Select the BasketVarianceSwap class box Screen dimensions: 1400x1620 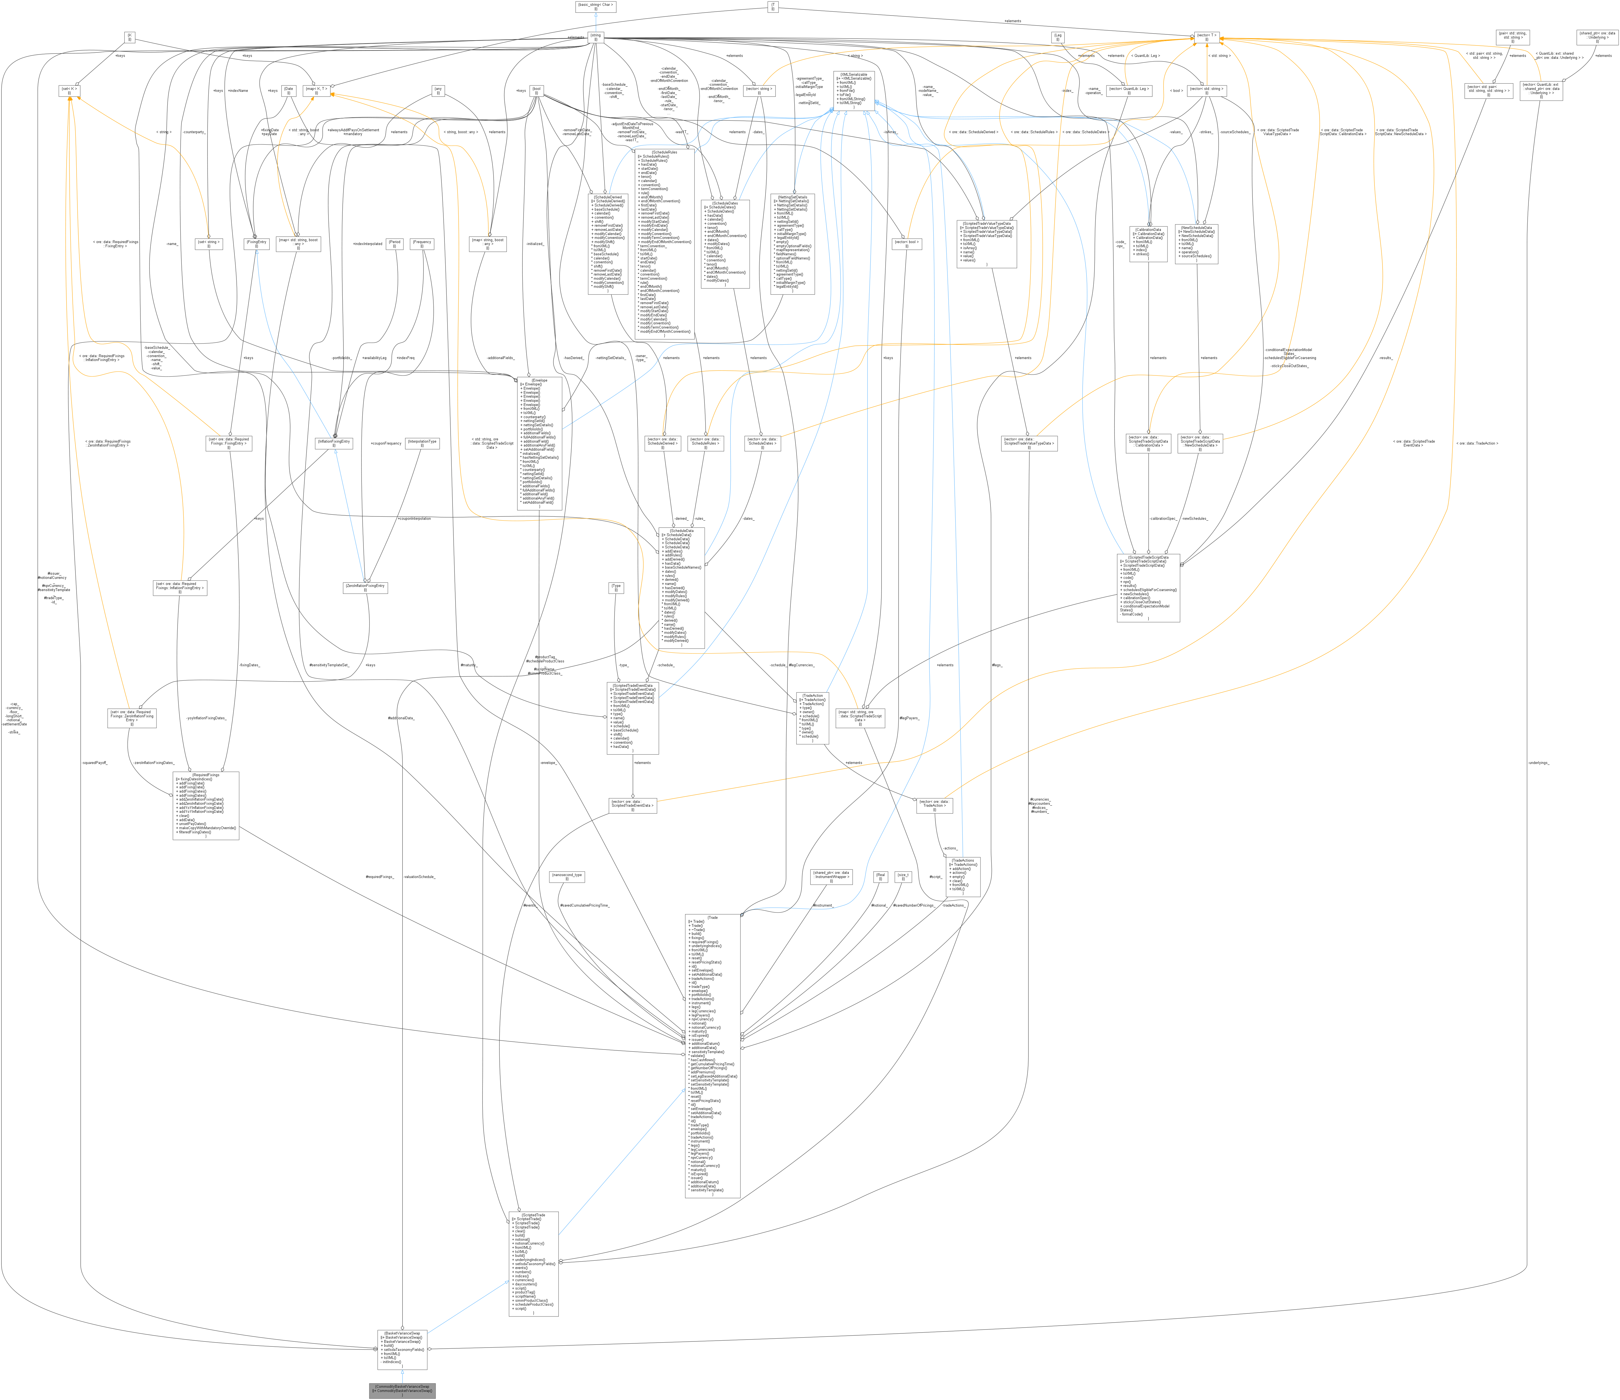pos(403,1349)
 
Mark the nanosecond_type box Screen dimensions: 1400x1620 pos(567,877)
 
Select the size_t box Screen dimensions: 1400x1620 pos(903,877)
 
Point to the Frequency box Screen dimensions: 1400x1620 pos(422,244)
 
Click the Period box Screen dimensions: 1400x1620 pos(395,244)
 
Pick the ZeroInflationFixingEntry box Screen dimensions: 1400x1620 pos(365,587)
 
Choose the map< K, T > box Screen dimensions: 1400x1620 pos(317,91)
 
